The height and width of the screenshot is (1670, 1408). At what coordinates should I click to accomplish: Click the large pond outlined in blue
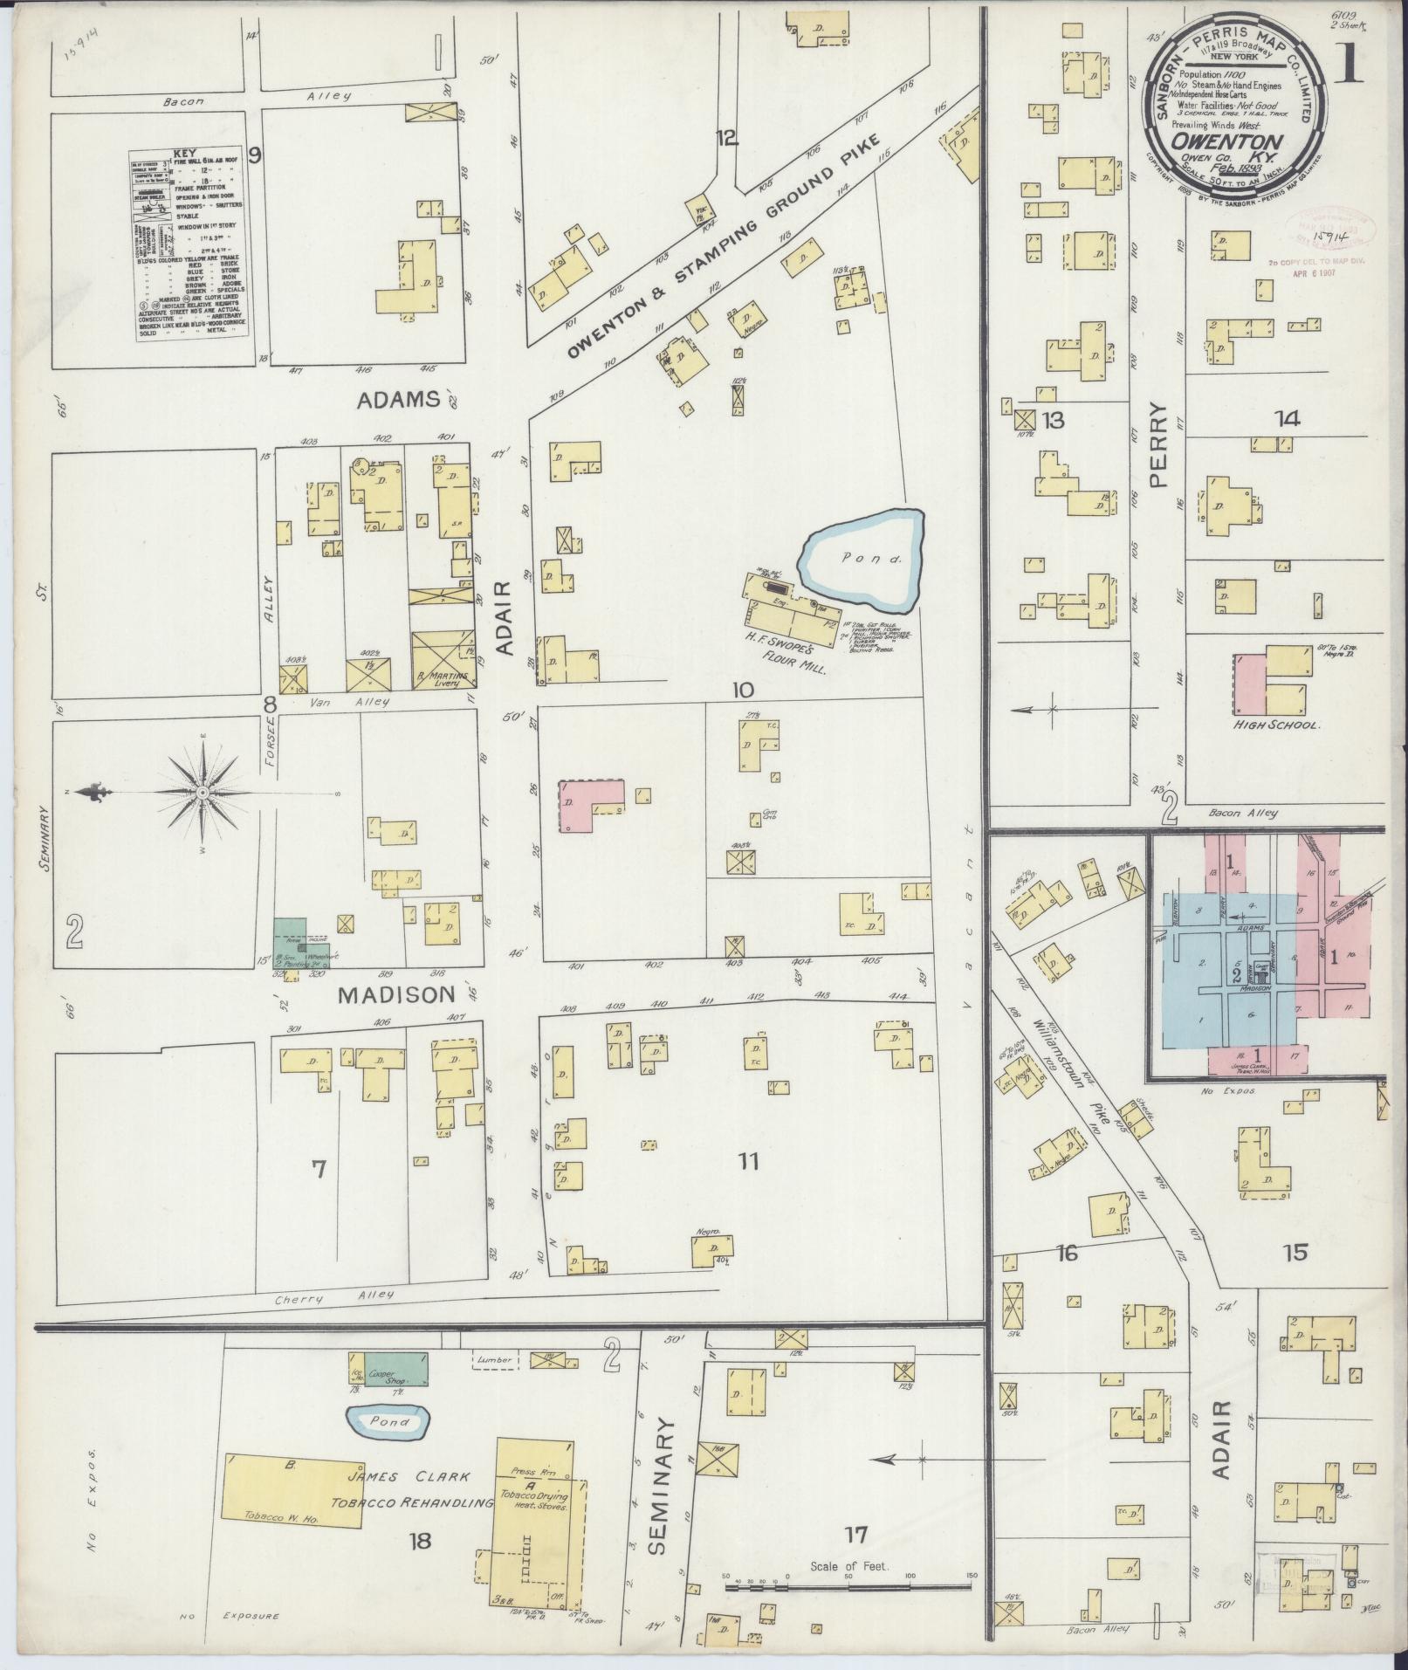pos(862,560)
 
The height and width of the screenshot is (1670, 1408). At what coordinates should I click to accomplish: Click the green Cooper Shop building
pos(395,1370)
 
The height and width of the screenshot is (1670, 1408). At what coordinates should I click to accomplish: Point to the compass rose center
pos(203,793)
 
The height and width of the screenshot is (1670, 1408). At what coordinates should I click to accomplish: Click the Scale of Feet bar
pos(848,1584)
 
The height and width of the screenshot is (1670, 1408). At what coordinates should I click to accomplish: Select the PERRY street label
pos(1157,444)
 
